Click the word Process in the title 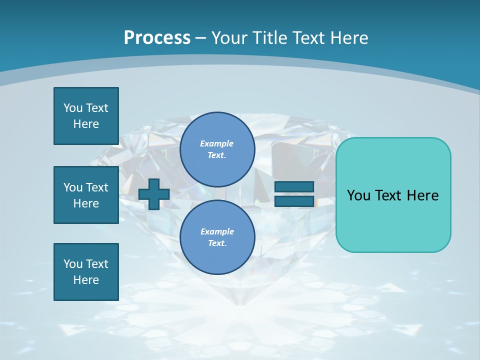coord(157,38)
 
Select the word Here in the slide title coord(349,38)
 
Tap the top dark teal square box coord(86,116)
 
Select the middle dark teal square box coord(86,195)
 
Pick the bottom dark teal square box coord(86,272)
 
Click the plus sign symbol coord(154,194)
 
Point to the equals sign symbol coord(294,194)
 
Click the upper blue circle coord(217,149)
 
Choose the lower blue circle coord(217,237)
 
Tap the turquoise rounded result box coord(393,195)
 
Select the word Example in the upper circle coord(216,143)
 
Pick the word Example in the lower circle coord(217,231)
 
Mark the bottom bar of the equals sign coord(294,201)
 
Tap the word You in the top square coord(73,108)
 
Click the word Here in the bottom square coord(86,280)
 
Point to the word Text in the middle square coord(97,187)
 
